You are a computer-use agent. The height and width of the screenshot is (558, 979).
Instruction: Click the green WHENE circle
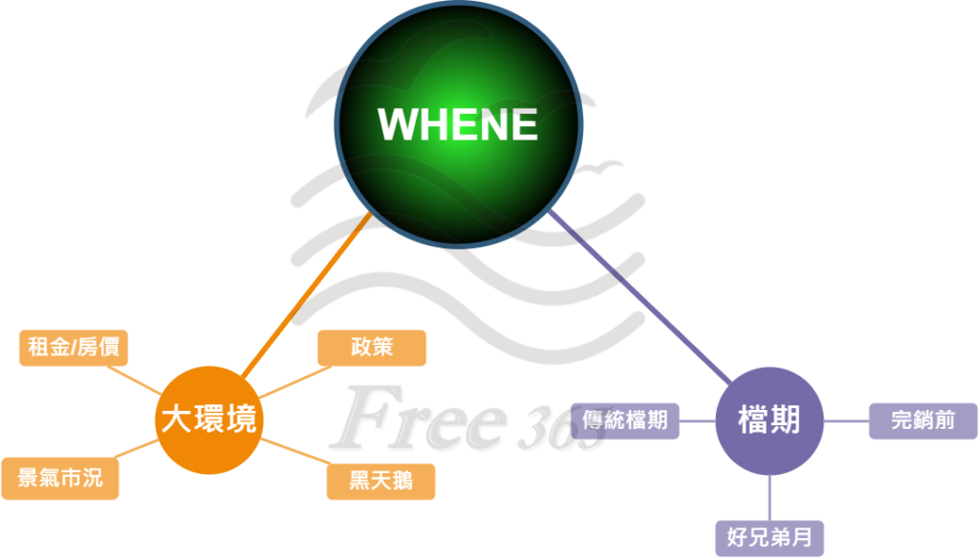coord(459,124)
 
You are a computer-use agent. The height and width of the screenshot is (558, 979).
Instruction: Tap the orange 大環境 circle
coord(208,419)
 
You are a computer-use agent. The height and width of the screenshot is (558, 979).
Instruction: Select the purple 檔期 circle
coord(769,420)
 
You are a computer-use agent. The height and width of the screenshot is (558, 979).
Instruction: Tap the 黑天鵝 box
coord(381,481)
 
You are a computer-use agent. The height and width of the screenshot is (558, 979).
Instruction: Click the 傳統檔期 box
coord(625,421)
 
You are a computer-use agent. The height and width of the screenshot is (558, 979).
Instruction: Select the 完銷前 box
coord(923,421)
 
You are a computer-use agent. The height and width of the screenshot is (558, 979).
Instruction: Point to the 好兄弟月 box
coord(770,537)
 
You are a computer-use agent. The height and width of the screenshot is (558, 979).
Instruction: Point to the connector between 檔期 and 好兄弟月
coord(770,497)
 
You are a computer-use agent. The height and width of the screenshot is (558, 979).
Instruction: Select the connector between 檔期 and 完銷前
coord(845,421)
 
